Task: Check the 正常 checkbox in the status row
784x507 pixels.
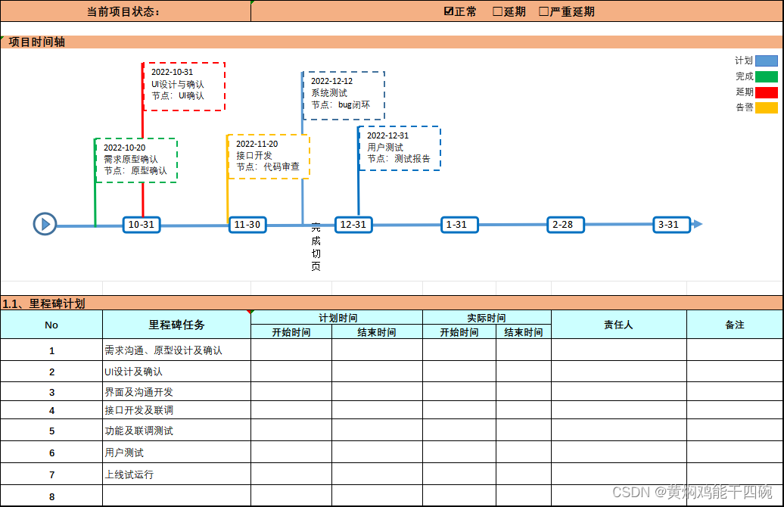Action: click(449, 11)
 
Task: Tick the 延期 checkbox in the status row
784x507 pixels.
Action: click(497, 11)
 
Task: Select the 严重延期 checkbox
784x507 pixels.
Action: click(543, 11)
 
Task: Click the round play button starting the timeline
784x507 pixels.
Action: click(45, 224)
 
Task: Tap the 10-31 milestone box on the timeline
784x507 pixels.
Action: click(142, 225)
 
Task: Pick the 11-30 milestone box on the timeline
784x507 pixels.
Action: click(247, 225)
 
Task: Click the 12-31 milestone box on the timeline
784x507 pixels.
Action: click(353, 225)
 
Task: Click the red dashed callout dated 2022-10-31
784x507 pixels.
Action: click(184, 86)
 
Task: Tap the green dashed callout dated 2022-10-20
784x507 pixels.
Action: click(136, 160)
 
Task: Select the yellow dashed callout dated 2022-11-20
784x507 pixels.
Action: click(268, 156)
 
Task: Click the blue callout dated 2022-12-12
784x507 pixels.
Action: click(344, 95)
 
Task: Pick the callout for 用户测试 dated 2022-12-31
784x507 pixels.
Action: click(399, 148)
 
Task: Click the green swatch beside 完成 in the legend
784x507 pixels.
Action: click(766, 76)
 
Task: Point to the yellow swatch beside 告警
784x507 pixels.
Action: click(766, 107)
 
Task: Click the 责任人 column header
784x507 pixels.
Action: click(618, 325)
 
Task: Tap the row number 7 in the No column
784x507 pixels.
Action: click(51, 474)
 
